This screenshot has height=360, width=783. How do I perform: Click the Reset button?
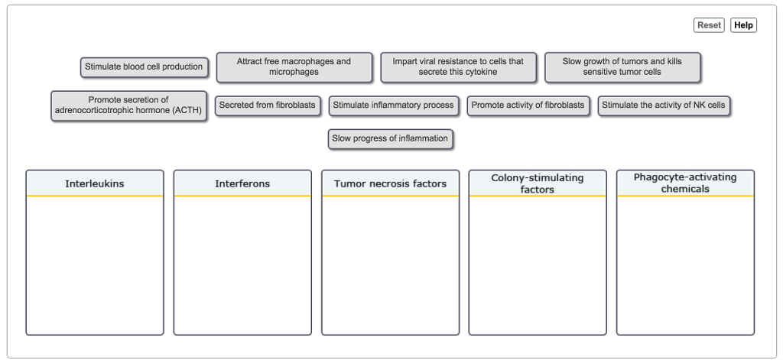pos(709,25)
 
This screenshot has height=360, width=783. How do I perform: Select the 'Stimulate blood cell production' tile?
pos(144,67)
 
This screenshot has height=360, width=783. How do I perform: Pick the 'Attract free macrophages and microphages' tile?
pos(294,67)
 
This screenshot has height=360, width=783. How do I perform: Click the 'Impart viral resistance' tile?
pos(458,67)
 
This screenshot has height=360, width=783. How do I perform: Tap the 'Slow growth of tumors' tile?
pos(622,67)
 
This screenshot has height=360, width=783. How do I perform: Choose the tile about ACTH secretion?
pos(128,105)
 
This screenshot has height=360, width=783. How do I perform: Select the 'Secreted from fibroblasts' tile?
pos(267,105)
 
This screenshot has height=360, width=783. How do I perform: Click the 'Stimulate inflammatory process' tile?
pos(393,105)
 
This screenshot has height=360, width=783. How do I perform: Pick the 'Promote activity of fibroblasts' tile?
pos(528,105)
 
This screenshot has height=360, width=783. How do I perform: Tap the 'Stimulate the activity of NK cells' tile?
pos(664,105)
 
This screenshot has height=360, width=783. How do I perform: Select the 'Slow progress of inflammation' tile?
pos(390,139)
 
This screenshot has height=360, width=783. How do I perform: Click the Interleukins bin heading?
pos(95,183)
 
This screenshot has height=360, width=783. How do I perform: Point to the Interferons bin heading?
pos(242,183)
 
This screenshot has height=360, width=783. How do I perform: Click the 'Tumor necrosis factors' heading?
pos(391,183)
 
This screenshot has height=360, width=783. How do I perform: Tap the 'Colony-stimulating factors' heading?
pos(538,183)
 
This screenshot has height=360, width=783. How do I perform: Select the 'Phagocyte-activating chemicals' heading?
pos(685,183)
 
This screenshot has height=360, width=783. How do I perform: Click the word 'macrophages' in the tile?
pos(306,61)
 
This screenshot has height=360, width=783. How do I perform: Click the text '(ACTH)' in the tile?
pos(187,110)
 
